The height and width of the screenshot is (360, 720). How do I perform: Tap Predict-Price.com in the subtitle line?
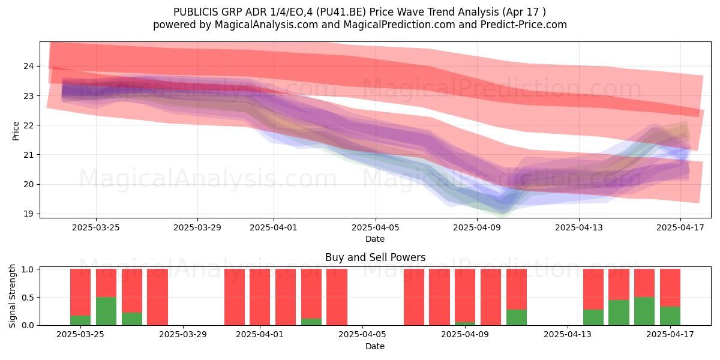524,25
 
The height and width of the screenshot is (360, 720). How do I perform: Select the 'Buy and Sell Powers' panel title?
375,257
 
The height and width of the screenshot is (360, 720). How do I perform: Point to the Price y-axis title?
16,131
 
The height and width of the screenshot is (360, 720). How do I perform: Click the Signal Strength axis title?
12,296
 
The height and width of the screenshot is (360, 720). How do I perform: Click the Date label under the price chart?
375,239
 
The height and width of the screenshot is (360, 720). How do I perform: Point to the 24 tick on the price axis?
28,66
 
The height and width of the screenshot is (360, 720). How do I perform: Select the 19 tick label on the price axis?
28,214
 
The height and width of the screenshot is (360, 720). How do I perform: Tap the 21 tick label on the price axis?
28,155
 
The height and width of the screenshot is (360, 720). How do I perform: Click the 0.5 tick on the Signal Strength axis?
28,298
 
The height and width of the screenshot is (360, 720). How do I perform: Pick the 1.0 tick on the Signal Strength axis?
28,269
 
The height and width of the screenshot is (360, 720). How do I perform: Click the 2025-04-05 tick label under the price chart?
375,227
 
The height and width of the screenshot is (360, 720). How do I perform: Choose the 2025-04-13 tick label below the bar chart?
568,334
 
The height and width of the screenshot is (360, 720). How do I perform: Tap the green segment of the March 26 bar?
106,311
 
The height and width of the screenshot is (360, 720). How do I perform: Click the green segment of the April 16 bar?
644,311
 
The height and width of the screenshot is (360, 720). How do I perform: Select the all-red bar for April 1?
260,297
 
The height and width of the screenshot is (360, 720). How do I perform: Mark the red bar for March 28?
157,297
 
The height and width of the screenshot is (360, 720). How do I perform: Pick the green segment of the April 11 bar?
517,317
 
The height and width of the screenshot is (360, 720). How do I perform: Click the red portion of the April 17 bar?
670,288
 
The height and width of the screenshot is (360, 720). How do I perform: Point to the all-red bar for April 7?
414,297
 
